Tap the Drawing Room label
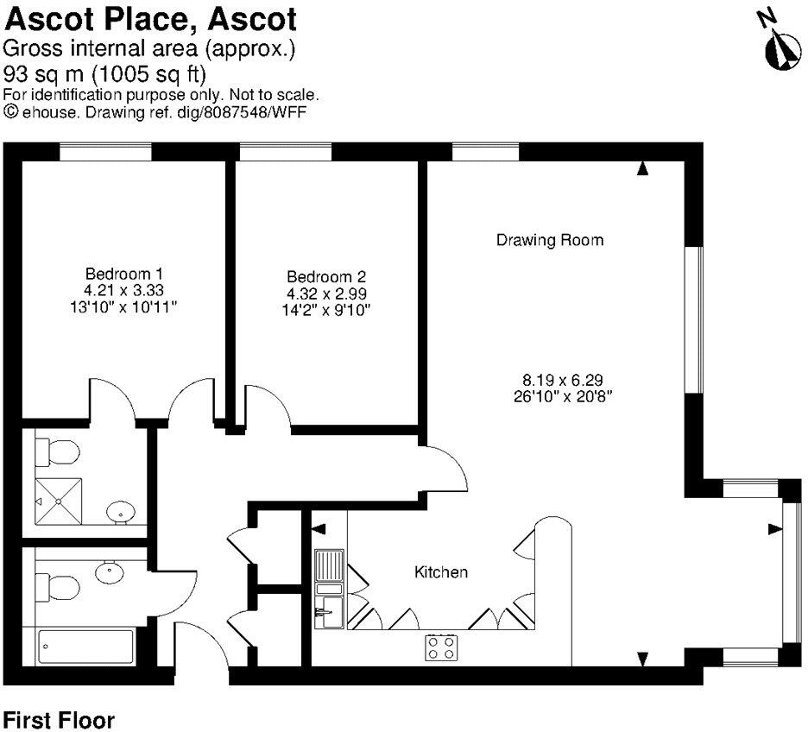pos(549,240)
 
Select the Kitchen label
pos(441,571)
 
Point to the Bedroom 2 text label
pos(326,277)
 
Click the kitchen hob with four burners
pos(441,647)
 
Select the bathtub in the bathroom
pos(86,647)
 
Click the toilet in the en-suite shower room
pos(60,451)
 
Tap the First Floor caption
pos(58,719)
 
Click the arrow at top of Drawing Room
pos(641,169)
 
